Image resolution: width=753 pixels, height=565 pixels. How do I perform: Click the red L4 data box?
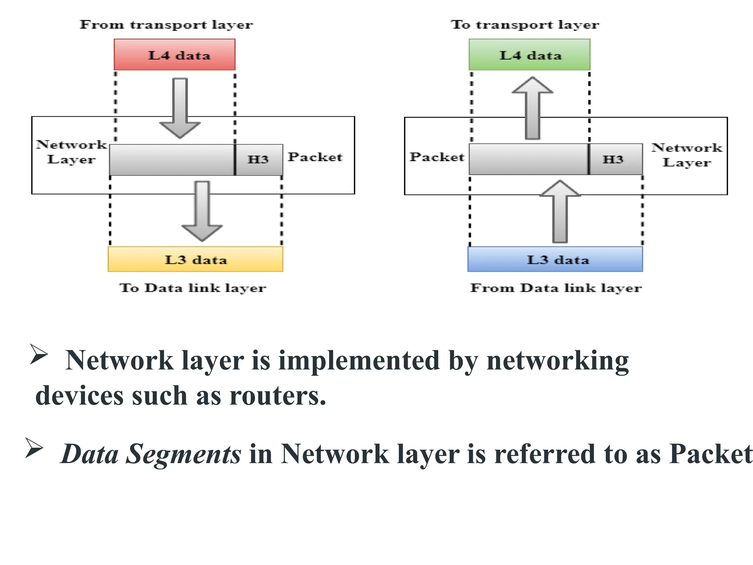click(x=174, y=55)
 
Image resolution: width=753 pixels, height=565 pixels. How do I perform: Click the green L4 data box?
click(x=529, y=55)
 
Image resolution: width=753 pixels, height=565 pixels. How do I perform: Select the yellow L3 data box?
click(x=195, y=259)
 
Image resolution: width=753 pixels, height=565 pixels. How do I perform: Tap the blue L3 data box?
click(x=555, y=259)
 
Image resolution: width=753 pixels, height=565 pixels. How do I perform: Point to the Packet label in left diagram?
click(x=315, y=157)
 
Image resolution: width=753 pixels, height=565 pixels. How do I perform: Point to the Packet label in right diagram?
click(x=437, y=157)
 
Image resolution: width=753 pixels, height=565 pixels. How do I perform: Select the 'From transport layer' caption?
click(x=166, y=25)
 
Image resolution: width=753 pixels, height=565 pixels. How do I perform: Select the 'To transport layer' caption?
click(x=525, y=25)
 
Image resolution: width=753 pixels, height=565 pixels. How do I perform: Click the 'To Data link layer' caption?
click(x=192, y=288)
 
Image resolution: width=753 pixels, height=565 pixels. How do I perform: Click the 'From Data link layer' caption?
click(x=556, y=288)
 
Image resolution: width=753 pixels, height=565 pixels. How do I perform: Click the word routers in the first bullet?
click(x=278, y=397)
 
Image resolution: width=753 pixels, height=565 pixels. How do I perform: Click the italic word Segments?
click(x=183, y=454)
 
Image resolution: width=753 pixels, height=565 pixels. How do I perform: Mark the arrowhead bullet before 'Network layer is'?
click(x=39, y=354)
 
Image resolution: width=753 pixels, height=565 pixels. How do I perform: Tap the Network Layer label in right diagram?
click(x=686, y=155)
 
